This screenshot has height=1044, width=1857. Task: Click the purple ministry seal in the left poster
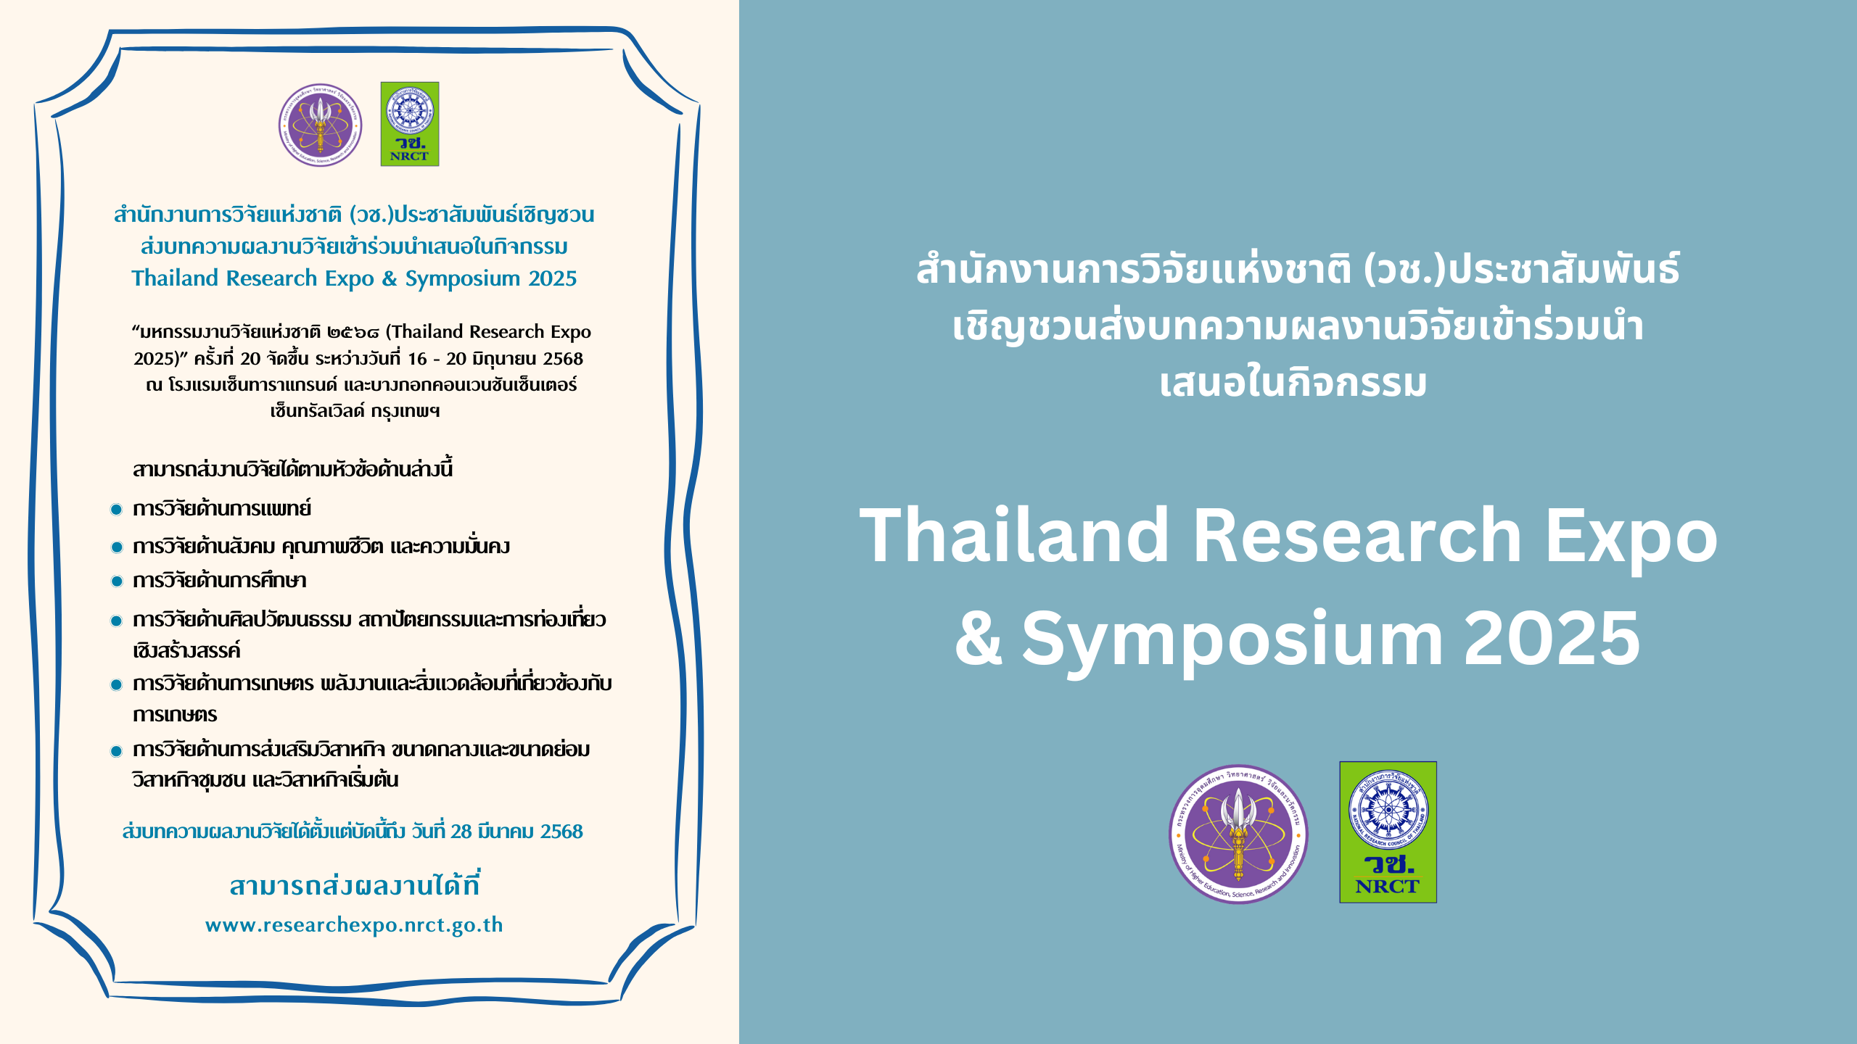(321, 125)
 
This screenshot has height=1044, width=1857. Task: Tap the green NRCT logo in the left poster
(410, 124)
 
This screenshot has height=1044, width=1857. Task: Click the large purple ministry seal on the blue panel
(1239, 834)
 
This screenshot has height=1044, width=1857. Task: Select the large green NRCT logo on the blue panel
(1388, 832)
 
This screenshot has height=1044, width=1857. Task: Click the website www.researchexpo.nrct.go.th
(354, 925)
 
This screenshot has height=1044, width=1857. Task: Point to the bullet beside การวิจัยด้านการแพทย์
(116, 509)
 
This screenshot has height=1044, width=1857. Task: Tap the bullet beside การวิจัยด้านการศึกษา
(116, 581)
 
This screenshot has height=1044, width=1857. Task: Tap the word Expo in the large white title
(1631, 540)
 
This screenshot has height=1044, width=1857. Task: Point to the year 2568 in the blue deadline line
(561, 832)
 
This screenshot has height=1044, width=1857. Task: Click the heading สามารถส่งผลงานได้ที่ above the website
(354, 884)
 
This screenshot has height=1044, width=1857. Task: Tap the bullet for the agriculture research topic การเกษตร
(116, 684)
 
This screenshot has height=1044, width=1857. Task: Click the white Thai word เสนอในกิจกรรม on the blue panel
(1293, 384)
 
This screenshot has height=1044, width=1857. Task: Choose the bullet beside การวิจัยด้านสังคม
(116, 547)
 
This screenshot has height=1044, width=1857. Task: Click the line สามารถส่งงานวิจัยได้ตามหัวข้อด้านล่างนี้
(292, 469)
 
